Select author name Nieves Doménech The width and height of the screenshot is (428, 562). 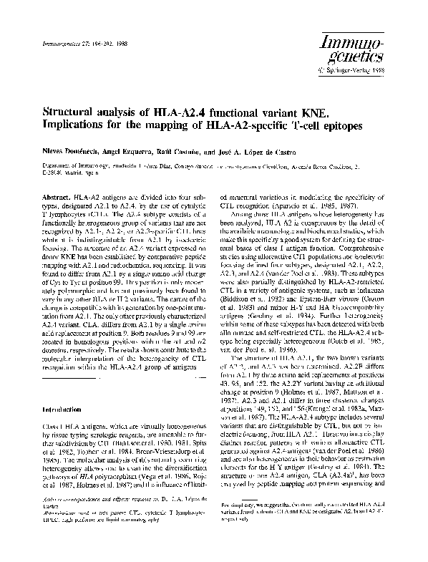pos(71,153)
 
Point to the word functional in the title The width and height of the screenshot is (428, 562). pos(248,113)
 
